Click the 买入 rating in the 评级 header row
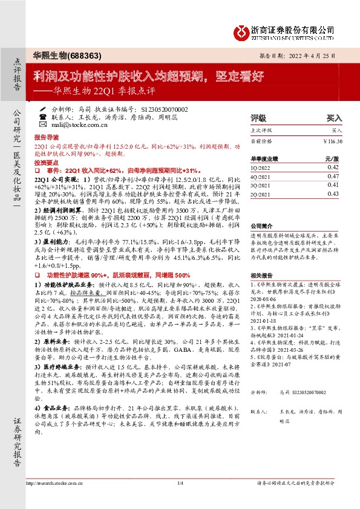pos(335,118)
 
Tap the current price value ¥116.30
pos(332,141)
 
